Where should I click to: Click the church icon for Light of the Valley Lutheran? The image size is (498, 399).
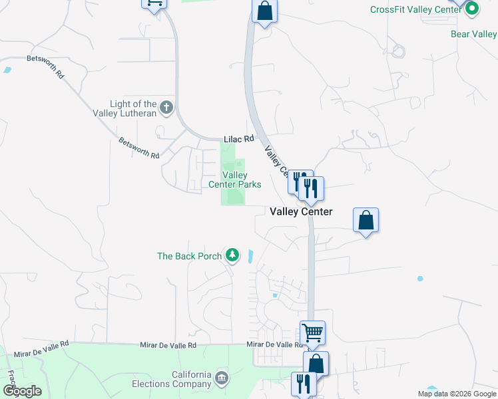166,106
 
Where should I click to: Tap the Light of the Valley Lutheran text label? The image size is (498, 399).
133,108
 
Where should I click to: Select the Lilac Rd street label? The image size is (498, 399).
239,139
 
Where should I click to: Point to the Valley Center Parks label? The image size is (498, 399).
234,180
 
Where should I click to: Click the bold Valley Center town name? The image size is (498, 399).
301,211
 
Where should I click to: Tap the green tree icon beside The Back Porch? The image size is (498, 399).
232,255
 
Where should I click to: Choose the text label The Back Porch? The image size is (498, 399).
188,256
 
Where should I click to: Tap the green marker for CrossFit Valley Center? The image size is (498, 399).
472,9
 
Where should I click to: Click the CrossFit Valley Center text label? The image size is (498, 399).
417,9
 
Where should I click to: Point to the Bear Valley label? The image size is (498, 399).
473,34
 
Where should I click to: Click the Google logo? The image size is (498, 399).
22,390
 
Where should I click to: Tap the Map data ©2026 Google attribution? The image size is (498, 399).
457,394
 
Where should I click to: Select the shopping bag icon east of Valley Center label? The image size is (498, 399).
366,220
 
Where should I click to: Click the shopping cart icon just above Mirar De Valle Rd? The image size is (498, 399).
313,332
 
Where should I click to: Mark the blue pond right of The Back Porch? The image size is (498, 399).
250,255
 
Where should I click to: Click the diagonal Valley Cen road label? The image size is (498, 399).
277,162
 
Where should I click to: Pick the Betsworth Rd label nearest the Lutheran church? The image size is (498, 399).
139,148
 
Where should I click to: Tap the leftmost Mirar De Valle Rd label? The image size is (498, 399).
46,344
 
